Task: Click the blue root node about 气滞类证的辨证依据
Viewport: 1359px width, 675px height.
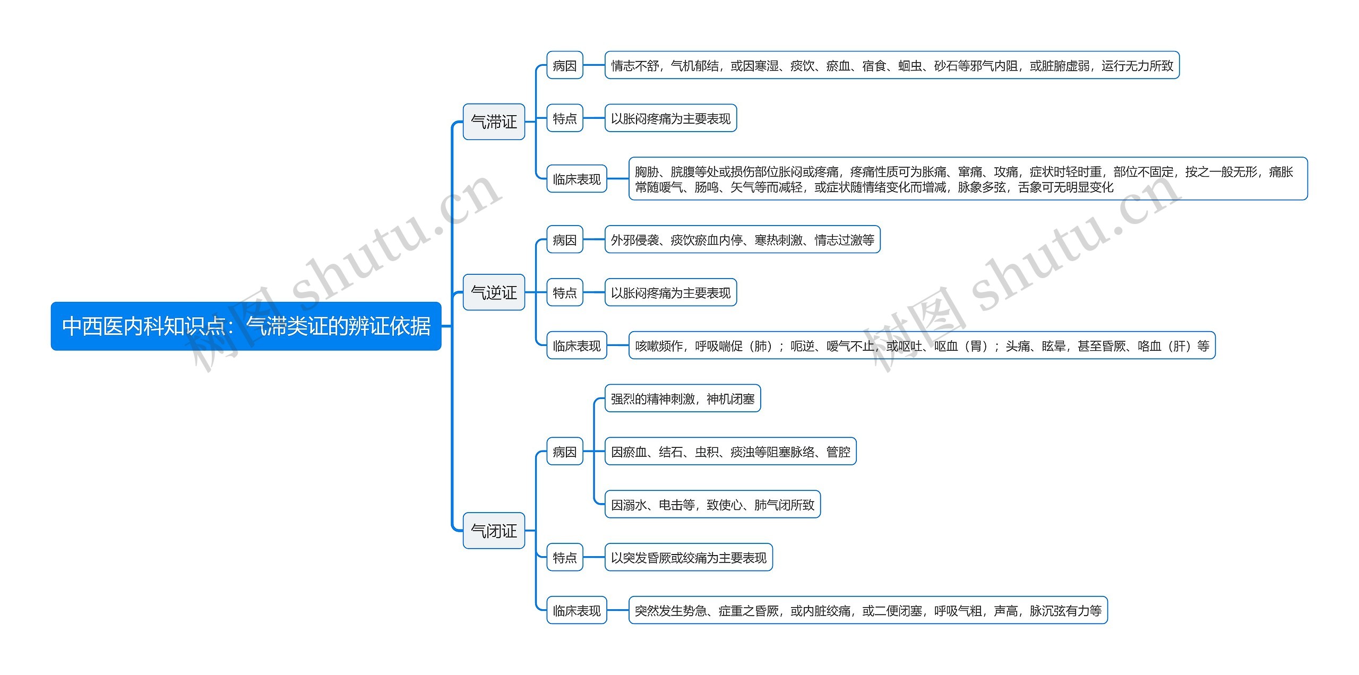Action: tap(246, 326)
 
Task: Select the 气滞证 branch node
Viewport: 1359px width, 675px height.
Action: tap(494, 122)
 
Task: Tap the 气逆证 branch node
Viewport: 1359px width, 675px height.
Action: tap(494, 292)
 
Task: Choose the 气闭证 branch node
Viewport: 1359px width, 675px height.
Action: tap(494, 530)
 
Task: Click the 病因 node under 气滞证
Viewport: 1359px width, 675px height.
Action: tap(564, 65)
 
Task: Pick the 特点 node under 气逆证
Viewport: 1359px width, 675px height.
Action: tap(564, 292)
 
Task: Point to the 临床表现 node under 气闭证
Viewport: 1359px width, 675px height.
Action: tap(577, 610)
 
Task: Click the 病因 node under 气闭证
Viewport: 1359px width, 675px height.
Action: tap(564, 452)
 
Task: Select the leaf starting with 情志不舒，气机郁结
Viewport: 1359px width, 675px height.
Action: tap(892, 65)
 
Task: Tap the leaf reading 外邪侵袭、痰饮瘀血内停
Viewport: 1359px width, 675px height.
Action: tap(742, 240)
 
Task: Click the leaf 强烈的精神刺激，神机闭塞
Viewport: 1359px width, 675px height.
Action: tap(683, 399)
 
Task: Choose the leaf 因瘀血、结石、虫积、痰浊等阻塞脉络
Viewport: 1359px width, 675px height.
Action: tap(730, 452)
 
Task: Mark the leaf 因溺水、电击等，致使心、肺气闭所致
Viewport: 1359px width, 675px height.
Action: tap(712, 505)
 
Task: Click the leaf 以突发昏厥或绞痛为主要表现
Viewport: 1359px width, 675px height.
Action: tap(689, 557)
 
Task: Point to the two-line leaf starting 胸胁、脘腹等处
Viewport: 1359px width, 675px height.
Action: tap(968, 179)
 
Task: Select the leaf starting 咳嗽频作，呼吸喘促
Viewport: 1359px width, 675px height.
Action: tap(922, 346)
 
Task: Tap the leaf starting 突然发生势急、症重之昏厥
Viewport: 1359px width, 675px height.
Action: tap(868, 610)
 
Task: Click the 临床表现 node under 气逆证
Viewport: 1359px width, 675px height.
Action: tap(577, 346)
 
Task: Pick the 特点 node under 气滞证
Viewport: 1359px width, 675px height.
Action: tap(564, 118)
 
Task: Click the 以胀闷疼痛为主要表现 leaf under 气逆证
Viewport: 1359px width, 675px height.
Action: tap(670, 292)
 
